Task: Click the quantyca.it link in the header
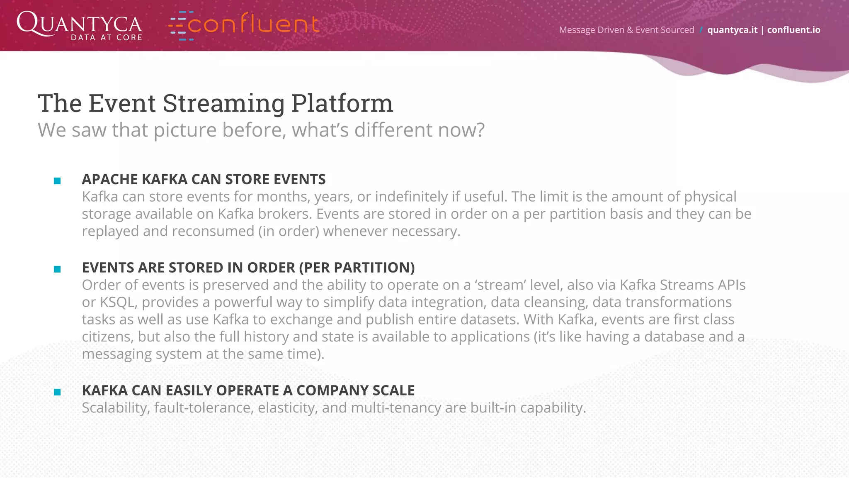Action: point(732,30)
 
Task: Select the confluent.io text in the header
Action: point(793,30)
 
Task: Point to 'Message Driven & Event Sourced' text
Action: point(626,30)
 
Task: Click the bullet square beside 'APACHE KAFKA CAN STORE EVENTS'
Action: point(57,180)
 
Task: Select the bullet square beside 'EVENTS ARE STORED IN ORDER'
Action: point(57,269)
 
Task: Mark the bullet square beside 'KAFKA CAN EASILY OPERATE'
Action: point(57,392)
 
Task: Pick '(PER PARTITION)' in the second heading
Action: point(357,268)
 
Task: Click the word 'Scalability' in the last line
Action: point(116,408)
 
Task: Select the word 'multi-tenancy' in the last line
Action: point(395,408)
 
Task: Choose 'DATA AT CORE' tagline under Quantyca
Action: point(107,38)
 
